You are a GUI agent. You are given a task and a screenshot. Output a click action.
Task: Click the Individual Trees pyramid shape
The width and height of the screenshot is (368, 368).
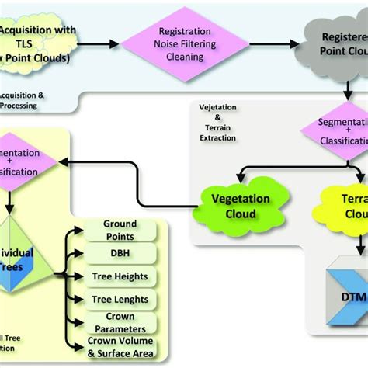19,264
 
